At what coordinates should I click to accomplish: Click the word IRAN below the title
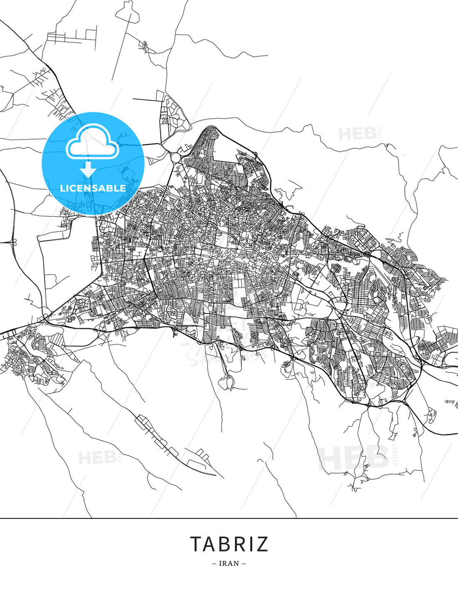pos(229,563)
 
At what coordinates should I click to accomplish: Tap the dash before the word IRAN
pos(214,563)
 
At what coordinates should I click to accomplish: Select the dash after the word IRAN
pos(244,563)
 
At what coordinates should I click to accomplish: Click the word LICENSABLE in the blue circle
pos(93,188)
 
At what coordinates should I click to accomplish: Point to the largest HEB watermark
pos(354,458)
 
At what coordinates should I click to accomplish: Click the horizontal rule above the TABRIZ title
pos(229,518)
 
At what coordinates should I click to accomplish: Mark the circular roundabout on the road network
pos(176,158)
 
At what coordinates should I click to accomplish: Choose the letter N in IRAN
pos(236,563)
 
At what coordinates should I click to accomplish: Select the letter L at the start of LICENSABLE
pos(62,188)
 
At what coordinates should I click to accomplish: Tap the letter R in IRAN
pos(225,563)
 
